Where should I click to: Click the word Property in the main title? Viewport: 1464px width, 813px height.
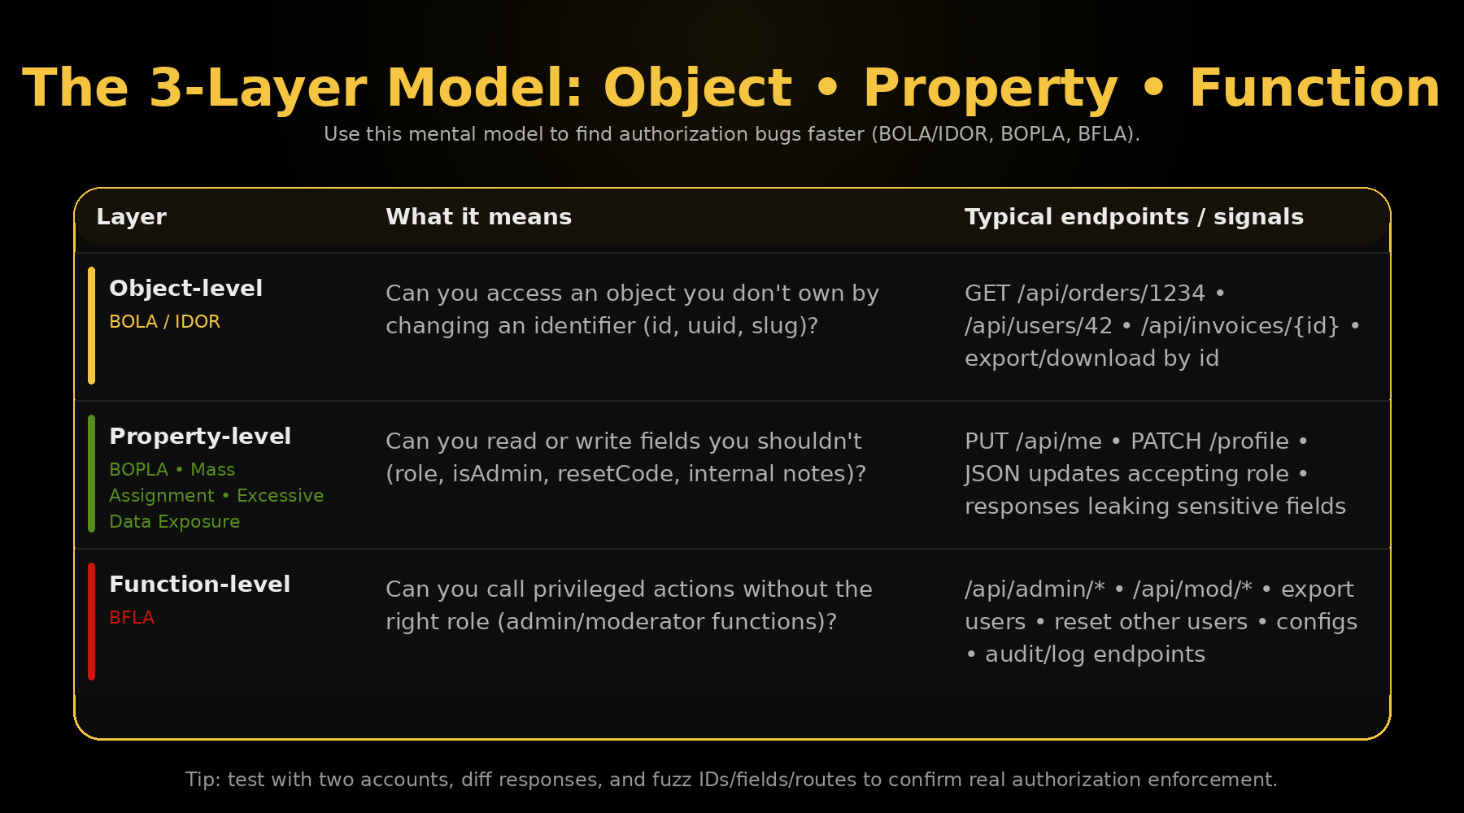[x=990, y=89]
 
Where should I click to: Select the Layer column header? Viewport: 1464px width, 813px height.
[x=131, y=217]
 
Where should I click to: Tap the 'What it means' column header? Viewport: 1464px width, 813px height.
[x=478, y=217]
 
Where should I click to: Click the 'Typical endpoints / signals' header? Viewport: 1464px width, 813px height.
[x=1134, y=217]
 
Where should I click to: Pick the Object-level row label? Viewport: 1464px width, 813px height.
[x=185, y=289]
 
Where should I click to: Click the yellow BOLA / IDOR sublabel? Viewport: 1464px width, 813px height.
[x=164, y=322]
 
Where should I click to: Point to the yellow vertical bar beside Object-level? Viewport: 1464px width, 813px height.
[x=91, y=325]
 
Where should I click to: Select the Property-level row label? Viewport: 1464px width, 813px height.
[x=200, y=437]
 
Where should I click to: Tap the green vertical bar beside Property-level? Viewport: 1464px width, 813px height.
[x=91, y=473]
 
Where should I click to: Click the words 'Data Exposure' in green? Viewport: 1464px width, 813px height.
[x=174, y=522]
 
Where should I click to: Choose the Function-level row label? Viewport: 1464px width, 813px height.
[x=199, y=585]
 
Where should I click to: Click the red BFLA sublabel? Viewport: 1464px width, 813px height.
[x=132, y=618]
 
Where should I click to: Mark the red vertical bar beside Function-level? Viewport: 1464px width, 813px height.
[x=91, y=621]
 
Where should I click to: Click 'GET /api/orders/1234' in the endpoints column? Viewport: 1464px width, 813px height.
[x=1085, y=293]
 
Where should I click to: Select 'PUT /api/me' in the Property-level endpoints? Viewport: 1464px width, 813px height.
[x=1033, y=441]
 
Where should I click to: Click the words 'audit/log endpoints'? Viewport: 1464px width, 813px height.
[x=1095, y=654]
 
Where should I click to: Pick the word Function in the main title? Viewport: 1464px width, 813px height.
[x=1315, y=89]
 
